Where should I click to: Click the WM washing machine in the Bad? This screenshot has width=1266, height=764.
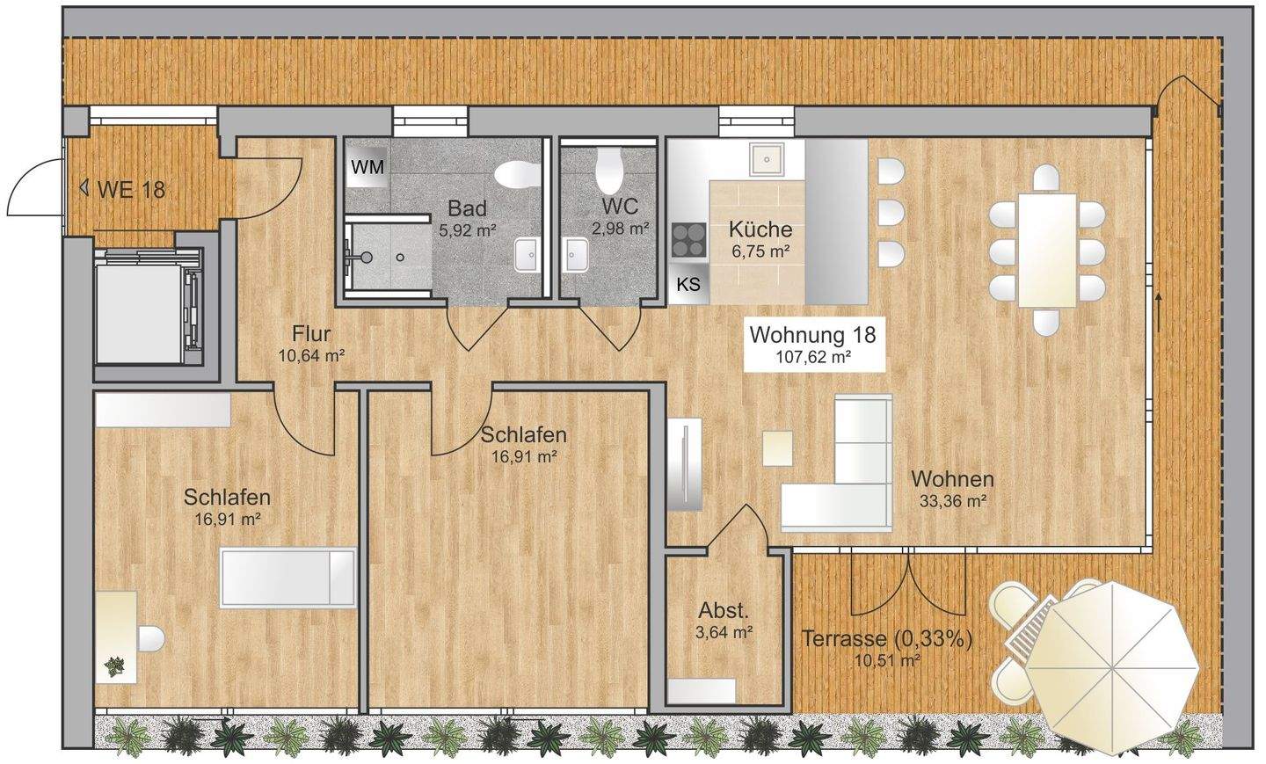pyautogui.click(x=367, y=167)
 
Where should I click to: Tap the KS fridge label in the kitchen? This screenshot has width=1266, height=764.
pyautogui.click(x=688, y=284)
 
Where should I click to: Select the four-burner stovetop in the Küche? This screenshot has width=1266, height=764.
pyautogui.click(x=689, y=240)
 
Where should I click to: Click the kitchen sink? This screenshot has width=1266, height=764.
pyautogui.click(x=767, y=159)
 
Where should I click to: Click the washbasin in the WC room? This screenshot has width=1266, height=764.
pyautogui.click(x=575, y=255)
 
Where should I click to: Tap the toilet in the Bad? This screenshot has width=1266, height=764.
pyautogui.click(x=517, y=174)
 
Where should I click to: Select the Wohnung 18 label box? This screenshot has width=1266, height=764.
pyautogui.click(x=813, y=344)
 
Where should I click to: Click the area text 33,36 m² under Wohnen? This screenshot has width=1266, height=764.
pyautogui.click(x=953, y=501)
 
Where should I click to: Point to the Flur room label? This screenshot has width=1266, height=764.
pyautogui.click(x=311, y=334)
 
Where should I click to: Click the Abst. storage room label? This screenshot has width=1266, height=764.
pyautogui.click(x=724, y=611)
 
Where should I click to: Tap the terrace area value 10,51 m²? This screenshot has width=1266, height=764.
pyautogui.click(x=887, y=660)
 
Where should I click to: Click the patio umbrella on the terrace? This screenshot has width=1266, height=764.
pyautogui.click(x=1111, y=670)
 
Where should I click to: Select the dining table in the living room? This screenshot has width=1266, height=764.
pyautogui.click(x=1047, y=251)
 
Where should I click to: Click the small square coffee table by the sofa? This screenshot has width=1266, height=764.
pyautogui.click(x=777, y=448)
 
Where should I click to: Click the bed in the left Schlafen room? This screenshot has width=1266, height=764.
pyautogui.click(x=288, y=578)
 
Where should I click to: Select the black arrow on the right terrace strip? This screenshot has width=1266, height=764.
pyautogui.click(x=1159, y=312)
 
